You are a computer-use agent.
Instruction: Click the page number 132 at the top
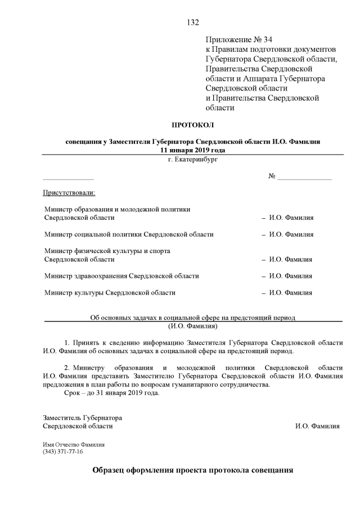(x=192, y=22)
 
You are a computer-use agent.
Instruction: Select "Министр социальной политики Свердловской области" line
(x=128, y=234)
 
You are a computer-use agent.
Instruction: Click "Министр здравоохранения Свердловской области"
(x=121, y=276)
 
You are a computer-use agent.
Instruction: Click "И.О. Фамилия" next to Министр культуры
(x=291, y=292)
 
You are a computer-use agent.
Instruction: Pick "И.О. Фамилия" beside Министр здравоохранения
(x=291, y=276)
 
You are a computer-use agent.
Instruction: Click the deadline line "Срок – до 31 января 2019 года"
(x=112, y=393)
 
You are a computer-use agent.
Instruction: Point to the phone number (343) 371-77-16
(x=63, y=452)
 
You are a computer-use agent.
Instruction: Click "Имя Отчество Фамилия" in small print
(x=74, y=444)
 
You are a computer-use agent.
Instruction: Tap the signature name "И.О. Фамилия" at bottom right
(x=317, y=426)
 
